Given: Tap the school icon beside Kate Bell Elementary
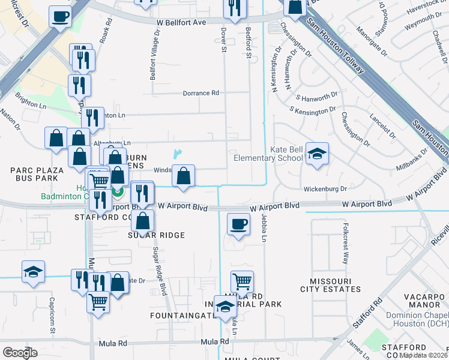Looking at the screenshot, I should pos(316,154).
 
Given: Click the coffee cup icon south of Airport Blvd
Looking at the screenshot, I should pos(239,225).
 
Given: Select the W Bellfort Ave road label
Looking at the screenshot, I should pos(182,22).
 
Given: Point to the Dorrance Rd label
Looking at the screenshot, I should pos(201,93).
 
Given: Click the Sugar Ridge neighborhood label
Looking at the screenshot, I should pos(155,235).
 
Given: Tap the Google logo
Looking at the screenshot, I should pos(20,352).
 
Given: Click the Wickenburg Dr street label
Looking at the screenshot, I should pos(327,189).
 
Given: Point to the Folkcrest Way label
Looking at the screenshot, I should pos(345,244).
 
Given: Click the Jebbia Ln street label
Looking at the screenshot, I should pos(263,227).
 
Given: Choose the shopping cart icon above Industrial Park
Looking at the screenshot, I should pos(241,280).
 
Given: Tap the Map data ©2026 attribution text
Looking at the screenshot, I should pos(423,355).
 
